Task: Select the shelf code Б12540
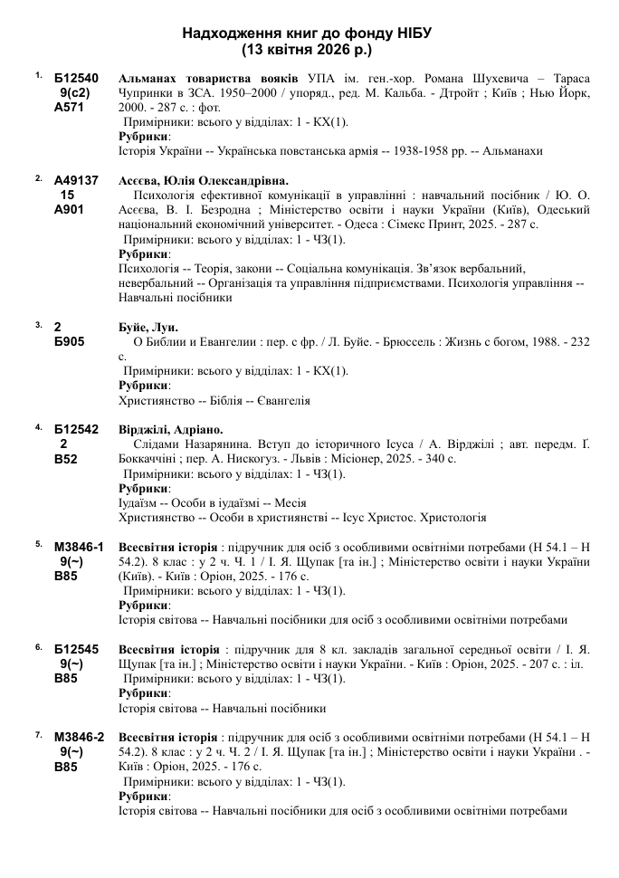coord(76,78)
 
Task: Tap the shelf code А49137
coord(76,180)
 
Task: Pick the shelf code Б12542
coord(76,429)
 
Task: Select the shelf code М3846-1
coord(79,546)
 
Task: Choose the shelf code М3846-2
coord(79,736)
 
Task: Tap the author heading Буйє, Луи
coord(149,327)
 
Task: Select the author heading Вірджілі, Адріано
coord(171,429)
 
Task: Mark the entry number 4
coord(39,426)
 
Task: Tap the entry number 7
coord(39,734)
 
